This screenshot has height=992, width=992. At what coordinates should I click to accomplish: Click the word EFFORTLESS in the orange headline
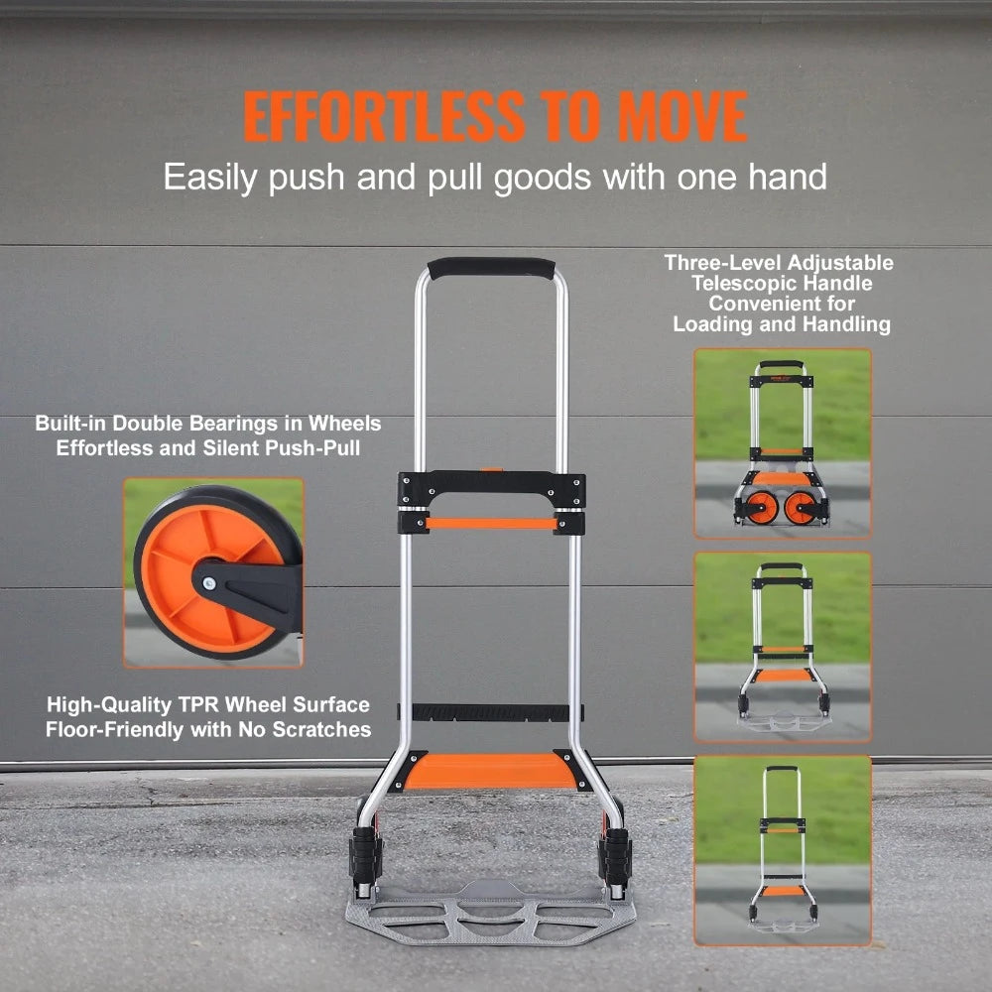[x=383, y=117]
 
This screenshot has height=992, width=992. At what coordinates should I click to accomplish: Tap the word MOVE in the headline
[x=683, y=117]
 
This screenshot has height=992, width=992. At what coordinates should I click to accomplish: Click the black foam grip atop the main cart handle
[x=491, y=268]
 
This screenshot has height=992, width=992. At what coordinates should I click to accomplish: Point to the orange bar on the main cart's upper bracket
[x=491, y=523]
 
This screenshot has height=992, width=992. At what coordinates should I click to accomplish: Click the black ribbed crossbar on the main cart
[x=491, y=712]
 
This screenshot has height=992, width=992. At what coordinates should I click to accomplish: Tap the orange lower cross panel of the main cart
[x=491, y=771]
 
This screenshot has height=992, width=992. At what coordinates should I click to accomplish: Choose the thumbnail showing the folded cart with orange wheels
[x=783, y=442]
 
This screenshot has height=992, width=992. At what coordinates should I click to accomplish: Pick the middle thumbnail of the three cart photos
[x=783, y=647]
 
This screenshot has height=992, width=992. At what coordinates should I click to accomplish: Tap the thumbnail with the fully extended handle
[x=783, y=850]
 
